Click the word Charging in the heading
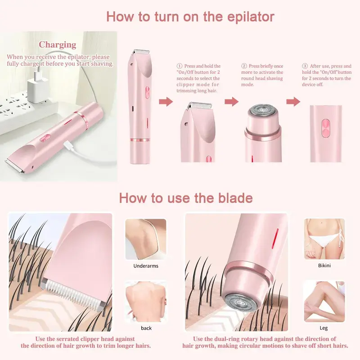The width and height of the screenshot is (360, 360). point(58,45)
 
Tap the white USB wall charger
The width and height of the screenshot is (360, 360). point(38,88)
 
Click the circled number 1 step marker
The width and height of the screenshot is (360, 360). point(179,66)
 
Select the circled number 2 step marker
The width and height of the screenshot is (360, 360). point(244,66)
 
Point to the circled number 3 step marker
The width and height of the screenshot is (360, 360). point(305,66)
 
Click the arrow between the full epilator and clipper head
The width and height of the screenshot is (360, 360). point(166,102)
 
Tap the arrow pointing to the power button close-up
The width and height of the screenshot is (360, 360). point(293,101)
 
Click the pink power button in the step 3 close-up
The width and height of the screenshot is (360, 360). point(325,128)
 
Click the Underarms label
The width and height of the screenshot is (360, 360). point(146,266)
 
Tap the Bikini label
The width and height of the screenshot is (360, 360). point(324,265)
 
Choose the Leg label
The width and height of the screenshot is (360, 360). point(324,328)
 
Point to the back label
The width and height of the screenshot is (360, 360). point(146,328)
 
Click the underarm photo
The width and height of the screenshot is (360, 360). point(146,239)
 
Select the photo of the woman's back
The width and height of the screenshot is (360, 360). point(146,301)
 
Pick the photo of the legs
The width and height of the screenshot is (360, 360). point(324,301)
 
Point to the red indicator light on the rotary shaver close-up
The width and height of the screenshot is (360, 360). point(275,239)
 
